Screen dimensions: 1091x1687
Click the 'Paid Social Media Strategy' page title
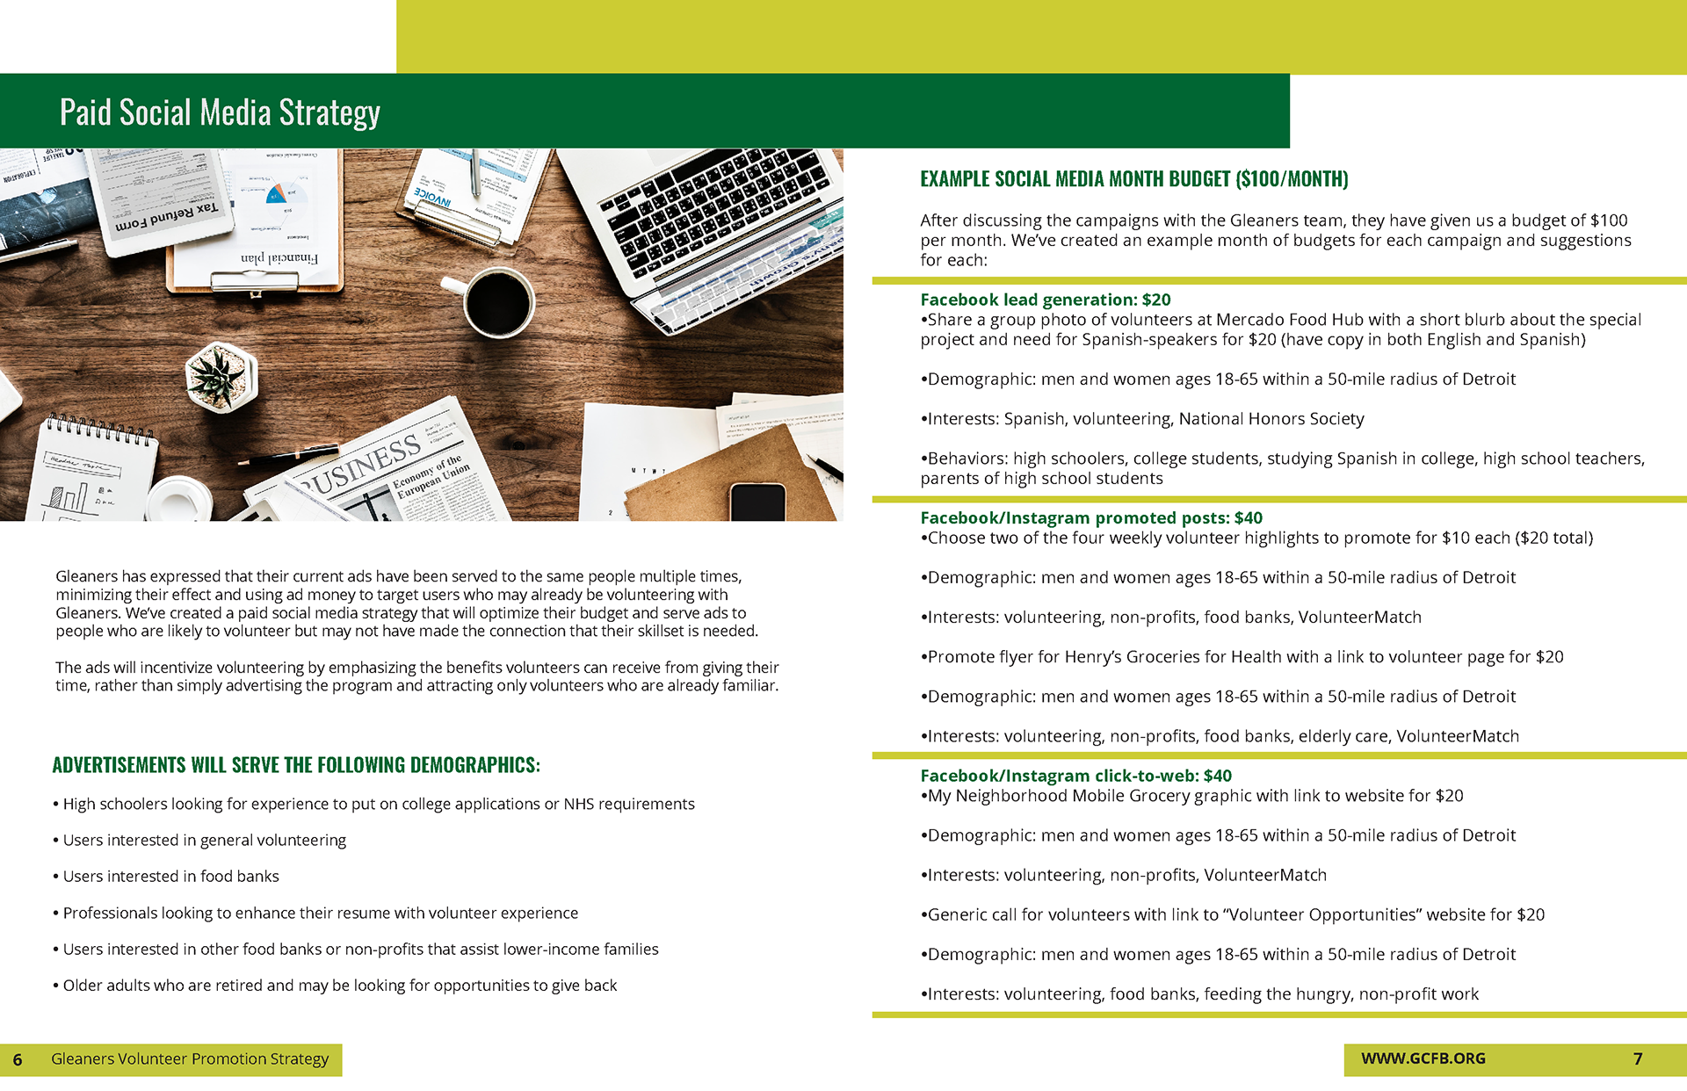pyautogui.click(x=220, y=112)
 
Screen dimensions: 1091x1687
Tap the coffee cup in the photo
pyautogui.click(x=497, y=303)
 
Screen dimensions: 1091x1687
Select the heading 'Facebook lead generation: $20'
pyautogui.click(x=1045, y=300)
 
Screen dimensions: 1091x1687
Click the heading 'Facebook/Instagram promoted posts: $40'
pyautogui.click(x=1090, y=517)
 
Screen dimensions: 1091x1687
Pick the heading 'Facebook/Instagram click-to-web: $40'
pyautogui.click(x=1075, y=776)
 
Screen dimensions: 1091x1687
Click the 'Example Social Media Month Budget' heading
pyautogui.click(x=1133, y=179)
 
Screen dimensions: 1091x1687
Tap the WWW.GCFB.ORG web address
pyautogui.click(x=1423, y=1058)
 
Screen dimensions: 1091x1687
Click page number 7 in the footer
pyautogui.click(x=1638, y=1058)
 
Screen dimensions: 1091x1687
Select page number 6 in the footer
pyautogui.click(x=18, y=1059)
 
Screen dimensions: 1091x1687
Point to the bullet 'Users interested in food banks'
pyautogui.click(x=170, y=876)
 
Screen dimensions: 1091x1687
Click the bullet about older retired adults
pyautogui.click(x=339, y=985)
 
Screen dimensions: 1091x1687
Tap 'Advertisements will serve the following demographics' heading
pyautogui.click(x=296, y=765)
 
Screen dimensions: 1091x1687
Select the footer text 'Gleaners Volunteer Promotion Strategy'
pyautogui.click(x=190, y=1058)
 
